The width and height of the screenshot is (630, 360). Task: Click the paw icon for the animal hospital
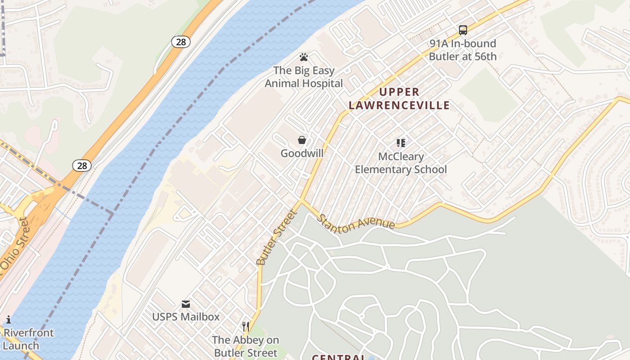click(304, 57)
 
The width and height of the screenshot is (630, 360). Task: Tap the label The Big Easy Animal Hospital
click(304, 77)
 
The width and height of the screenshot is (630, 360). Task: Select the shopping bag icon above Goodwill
click(302, 140)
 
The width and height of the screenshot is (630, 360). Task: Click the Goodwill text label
click(302, 153)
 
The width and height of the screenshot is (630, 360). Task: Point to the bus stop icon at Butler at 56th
click(463, 30)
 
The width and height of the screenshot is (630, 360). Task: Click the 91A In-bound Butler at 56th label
click(463, 50)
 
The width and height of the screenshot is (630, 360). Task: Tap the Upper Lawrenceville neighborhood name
click(399, 99)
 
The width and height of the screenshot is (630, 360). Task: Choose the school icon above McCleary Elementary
click(401, 143)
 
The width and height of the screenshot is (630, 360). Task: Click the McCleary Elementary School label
click(401, 163)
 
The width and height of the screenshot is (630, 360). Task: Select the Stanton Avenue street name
click(356, 221)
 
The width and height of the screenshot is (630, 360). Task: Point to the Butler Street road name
click(277, 237)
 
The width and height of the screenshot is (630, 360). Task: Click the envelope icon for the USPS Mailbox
click(186, 304)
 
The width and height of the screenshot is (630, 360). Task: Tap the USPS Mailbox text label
click(186, 317)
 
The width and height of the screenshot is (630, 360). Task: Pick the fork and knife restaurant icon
click(246, 327)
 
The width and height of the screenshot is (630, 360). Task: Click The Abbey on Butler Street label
click(246, 346)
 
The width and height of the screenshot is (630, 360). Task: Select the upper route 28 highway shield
click(180, 42)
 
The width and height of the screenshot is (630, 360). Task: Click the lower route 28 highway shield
click(82, 166)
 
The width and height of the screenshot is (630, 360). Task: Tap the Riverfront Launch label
click(28, 339)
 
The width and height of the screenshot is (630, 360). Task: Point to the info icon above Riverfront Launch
click(8, 320)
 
